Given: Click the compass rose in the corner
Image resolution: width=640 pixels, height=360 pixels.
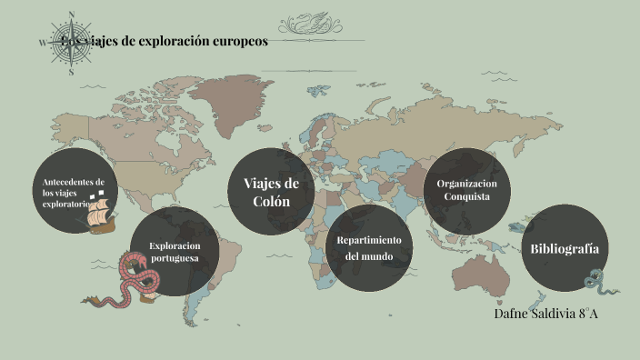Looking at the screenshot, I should pyautogui.click(x=71, y=42).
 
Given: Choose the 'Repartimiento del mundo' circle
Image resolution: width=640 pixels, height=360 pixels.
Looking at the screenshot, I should pyautogui.click(x=369, y=247).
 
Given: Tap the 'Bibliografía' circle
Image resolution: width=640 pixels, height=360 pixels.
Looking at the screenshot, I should pyautogui.click(x=564, y=248).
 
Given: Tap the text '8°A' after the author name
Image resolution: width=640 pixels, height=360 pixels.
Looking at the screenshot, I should pyautogui.click(x=586, y=314).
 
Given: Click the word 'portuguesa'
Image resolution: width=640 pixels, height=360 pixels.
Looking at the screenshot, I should pyautogui.click(x=174, y=259).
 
